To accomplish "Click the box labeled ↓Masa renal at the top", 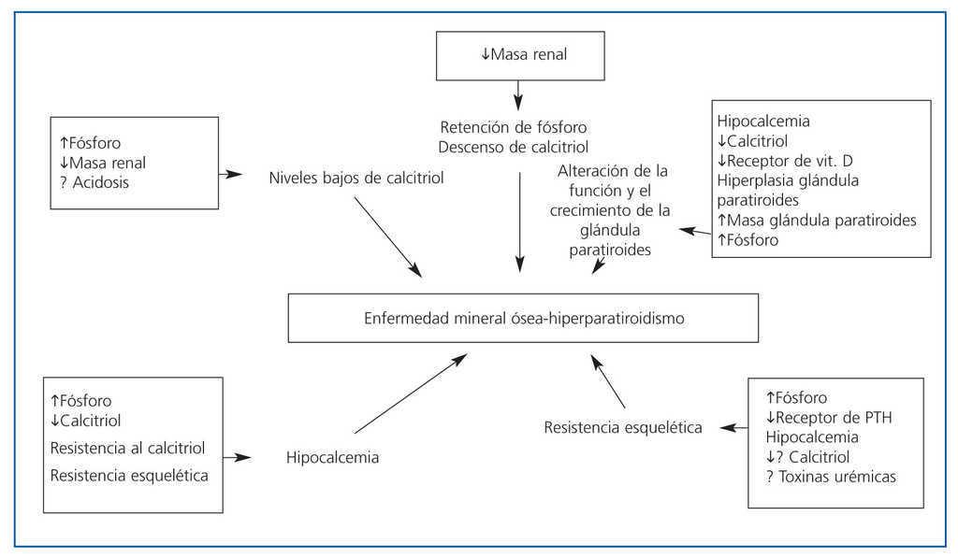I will [x=517, y=54].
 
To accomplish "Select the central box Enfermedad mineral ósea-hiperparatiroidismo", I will [x=524, y=319].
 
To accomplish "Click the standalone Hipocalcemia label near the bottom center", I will [x=332, y=458].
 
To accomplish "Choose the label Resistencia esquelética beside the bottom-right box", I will [x=623, y=428].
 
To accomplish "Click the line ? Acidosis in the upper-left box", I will [x=94, y=182].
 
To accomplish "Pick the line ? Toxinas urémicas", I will [x=831, y=477].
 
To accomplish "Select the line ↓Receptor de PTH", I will [x=829, y=417].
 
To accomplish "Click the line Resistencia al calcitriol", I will [x=127, y=448].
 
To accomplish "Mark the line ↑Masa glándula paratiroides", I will [x=817, y=220].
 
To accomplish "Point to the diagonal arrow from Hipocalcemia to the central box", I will [x=409, y=393].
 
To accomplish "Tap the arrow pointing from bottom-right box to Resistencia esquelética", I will [x=729, y=428].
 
